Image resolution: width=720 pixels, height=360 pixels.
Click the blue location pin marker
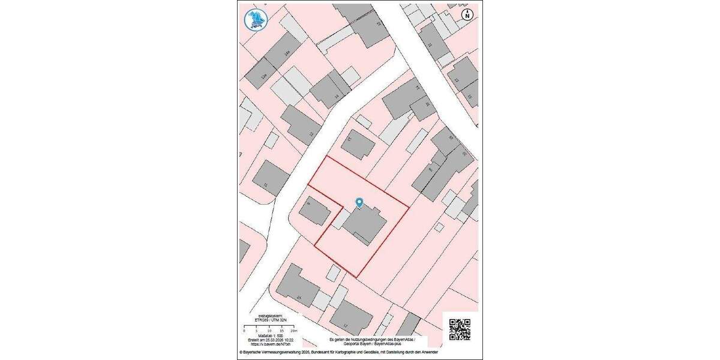[x=359, y=203]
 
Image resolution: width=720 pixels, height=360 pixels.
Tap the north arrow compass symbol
[x=467, y=15]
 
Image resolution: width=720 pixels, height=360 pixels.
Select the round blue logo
[x=256, y=19]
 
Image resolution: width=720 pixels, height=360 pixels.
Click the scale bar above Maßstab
[x=269, y=327]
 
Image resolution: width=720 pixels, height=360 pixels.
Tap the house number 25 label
[x=299, y=297]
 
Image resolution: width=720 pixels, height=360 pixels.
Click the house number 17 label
[x=346, y=325]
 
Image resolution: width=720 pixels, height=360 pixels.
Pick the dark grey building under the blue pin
[x=364, y=226]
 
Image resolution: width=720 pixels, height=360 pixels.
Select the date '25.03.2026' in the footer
[x=272, y=340]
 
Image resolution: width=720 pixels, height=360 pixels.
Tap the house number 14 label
[x=337, y=96]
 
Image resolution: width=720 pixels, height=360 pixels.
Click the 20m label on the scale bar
[x=293, y=331]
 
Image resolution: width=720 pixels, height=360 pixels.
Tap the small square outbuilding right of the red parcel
[x=439, y=227]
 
